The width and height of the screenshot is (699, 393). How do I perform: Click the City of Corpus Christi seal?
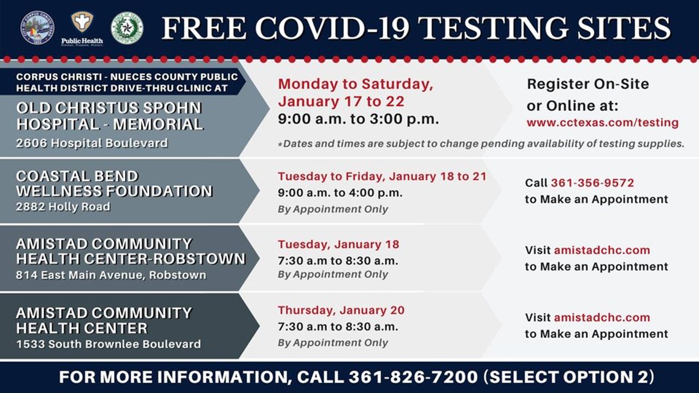point(37,28)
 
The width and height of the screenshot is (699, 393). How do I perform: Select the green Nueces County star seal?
point(127,28)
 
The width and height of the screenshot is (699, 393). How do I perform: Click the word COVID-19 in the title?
point(332,28)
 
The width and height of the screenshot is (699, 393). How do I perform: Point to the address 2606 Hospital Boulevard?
point(92,143)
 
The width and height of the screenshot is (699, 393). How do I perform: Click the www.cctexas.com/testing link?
point(602,123)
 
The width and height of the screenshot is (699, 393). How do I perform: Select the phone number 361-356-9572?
point(592,183)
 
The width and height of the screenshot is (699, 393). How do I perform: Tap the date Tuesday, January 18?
point(338,244)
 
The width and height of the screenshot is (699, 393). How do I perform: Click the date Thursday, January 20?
point(341,310)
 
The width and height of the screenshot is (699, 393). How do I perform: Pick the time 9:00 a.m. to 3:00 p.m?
point(359,119)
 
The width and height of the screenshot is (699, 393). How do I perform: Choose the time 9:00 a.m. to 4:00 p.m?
point(340,193)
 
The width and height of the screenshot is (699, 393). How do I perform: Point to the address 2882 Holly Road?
point(63,207)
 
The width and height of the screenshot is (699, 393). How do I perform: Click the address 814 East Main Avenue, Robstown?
point(111,275)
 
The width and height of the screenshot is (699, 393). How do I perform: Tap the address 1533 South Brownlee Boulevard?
point(109,344)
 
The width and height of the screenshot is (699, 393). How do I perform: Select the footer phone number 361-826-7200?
point(413,377)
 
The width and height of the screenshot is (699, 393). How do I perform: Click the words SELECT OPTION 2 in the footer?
point(569,377)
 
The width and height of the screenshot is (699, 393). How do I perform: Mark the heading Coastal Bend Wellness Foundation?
point(114,183)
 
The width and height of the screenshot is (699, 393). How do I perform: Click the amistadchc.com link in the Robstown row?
point(602,250)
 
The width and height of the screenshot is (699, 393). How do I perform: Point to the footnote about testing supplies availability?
point(481,143)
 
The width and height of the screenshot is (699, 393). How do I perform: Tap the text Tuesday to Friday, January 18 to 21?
point(382,177)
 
